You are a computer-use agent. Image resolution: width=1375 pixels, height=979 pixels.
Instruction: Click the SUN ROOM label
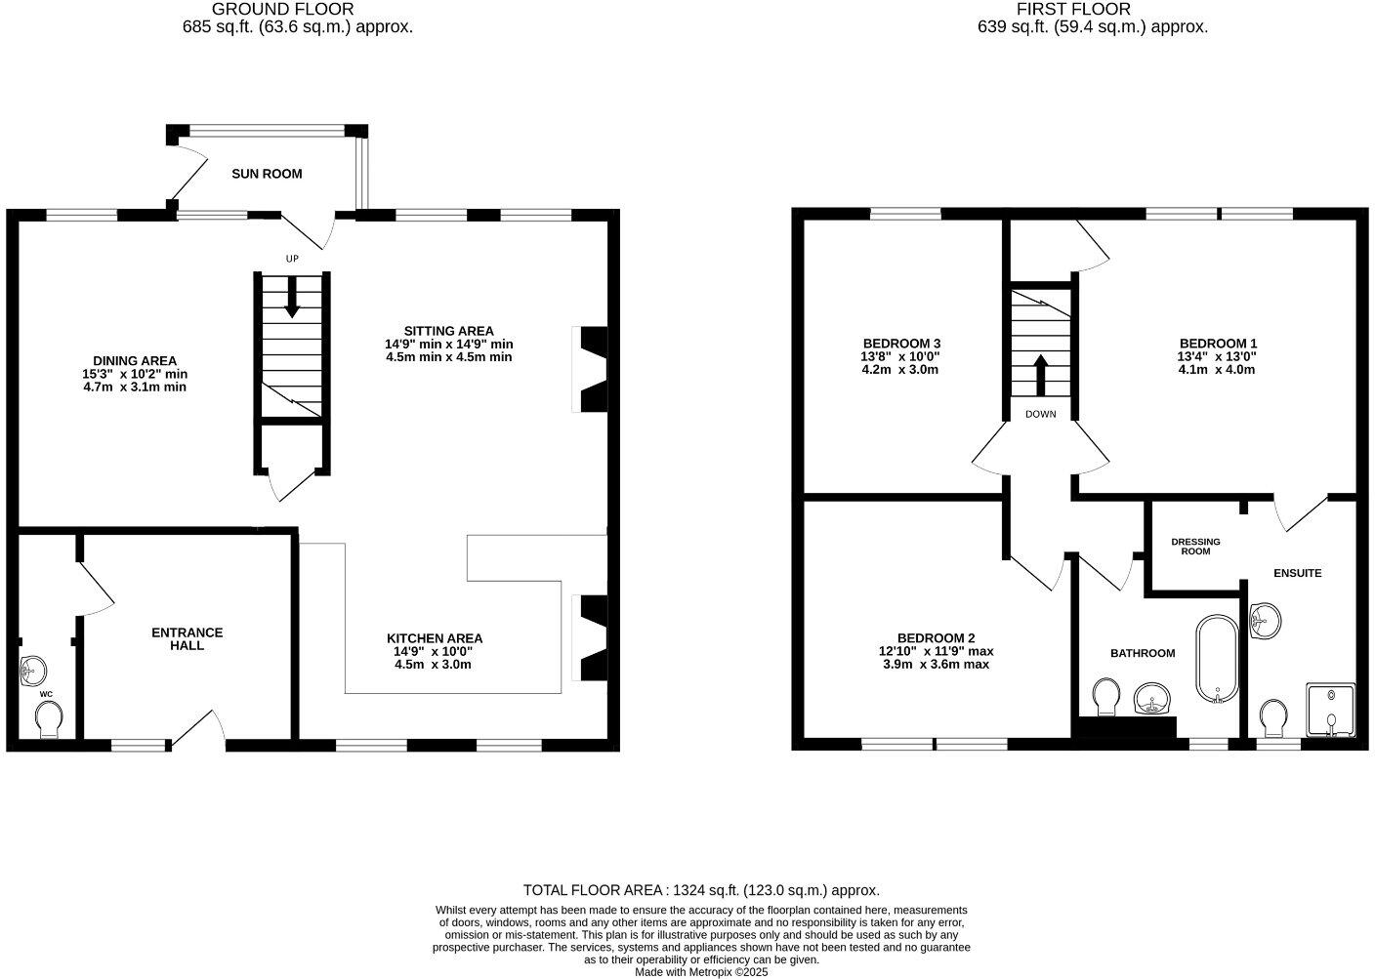pos(267,174)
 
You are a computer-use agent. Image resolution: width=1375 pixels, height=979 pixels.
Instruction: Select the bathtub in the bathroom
pos(1217,659)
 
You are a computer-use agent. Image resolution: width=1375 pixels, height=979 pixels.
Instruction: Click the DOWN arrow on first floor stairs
pos(1040,372)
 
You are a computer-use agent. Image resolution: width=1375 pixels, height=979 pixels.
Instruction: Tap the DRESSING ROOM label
pos(1195,547)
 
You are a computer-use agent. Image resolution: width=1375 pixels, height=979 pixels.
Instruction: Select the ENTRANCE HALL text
pos(187,639)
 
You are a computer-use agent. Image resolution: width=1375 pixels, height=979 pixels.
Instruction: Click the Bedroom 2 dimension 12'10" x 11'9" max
pos(936,651)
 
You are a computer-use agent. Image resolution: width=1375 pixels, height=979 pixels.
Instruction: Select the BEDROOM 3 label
pos(900,344)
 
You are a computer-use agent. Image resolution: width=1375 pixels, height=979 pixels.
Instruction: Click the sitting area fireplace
pos(591,369)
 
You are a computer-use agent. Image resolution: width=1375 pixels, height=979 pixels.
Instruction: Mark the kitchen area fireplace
pos(591,638)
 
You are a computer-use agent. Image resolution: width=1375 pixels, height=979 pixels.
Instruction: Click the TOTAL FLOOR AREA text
pos(701,890)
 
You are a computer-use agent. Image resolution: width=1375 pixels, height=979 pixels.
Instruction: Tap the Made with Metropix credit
pos(701,972)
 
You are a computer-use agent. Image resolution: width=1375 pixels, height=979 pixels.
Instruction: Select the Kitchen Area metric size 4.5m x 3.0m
pos(433,665)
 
